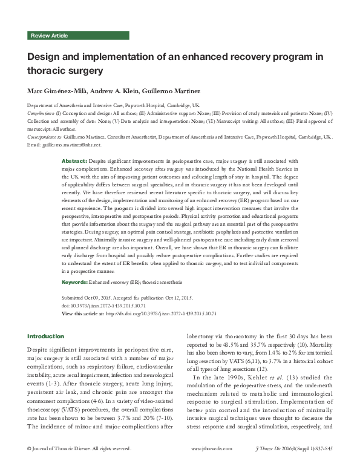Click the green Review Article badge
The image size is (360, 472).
(51, 36)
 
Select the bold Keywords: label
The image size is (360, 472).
(75, 283)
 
